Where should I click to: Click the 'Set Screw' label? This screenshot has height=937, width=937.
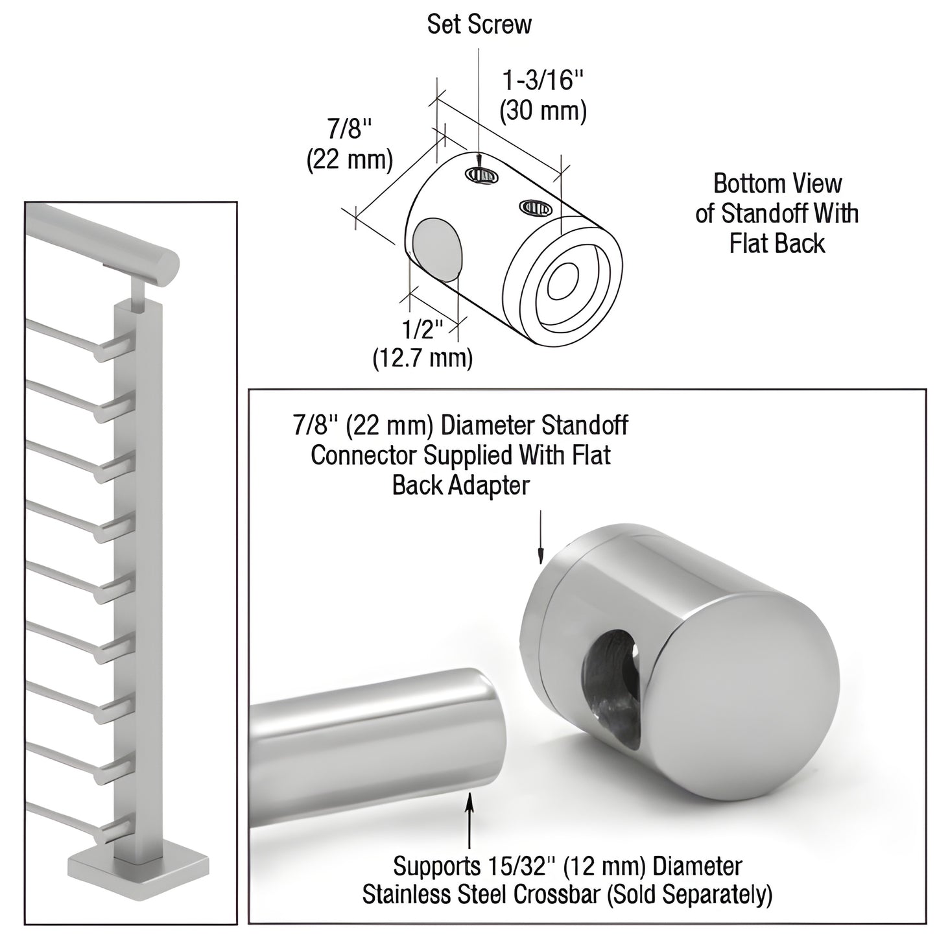coord(479,25)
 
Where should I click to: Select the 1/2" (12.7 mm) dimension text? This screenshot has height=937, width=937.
coord(422,344)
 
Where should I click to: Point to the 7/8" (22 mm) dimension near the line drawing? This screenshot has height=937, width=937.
coord(350,144)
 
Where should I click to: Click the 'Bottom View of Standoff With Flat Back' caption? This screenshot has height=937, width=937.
coord(777,213)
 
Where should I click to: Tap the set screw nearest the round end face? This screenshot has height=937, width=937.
coord(535,208)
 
